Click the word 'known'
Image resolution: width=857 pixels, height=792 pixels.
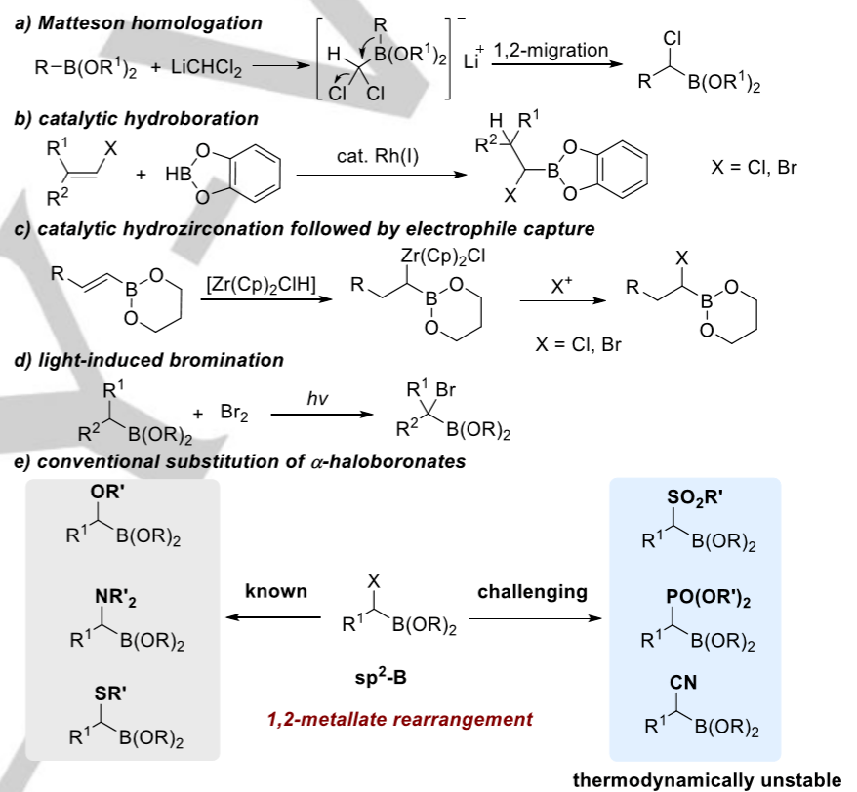(276, 591)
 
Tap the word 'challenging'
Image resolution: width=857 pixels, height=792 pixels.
(532, 591)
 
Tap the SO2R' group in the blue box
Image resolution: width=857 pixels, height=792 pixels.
(696, 499)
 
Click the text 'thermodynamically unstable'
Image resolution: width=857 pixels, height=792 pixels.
(706, 779)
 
